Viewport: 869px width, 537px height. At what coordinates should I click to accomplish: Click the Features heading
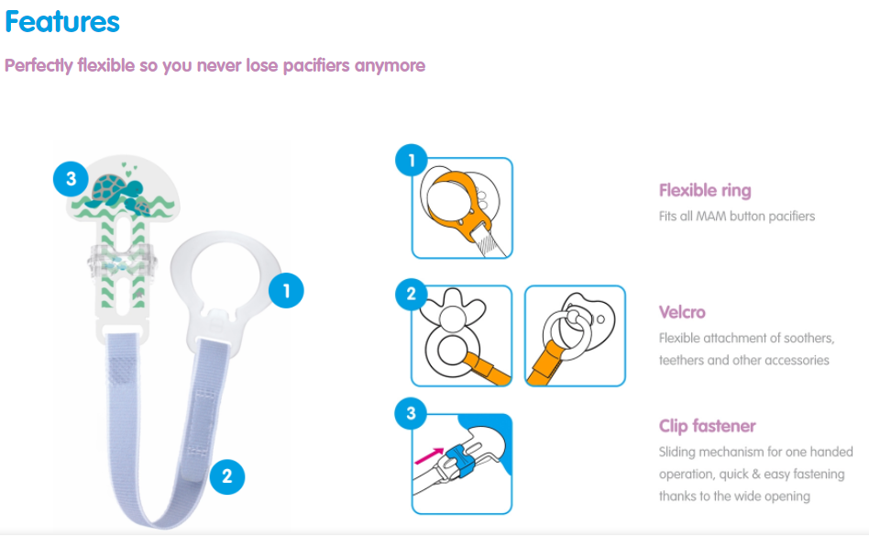point(62,22)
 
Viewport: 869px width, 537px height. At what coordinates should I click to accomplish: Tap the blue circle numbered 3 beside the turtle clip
point(71,179)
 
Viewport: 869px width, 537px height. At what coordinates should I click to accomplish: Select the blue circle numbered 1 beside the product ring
point(286,290)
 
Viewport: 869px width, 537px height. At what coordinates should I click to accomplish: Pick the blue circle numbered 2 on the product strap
point(227,476)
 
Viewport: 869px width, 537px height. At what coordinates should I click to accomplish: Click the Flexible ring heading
point(705,190)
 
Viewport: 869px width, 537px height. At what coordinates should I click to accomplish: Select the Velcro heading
point(682,312)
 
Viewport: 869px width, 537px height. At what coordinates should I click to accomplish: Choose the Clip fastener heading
point(707,426)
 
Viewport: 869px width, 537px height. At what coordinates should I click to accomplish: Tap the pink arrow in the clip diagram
point(429,455)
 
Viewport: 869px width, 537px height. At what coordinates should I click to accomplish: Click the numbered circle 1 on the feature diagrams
point(412,161)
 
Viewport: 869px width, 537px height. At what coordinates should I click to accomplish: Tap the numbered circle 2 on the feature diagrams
point(412,294)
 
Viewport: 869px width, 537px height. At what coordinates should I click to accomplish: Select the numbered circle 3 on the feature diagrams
point(411,413)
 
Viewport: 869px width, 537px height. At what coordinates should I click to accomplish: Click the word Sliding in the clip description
point(676,453)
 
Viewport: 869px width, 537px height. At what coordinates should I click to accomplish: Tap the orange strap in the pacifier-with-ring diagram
point(543,364)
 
